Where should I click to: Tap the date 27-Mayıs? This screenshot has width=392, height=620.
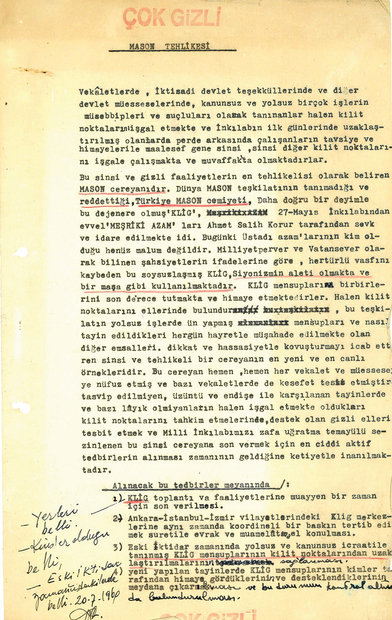(298, 212)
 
